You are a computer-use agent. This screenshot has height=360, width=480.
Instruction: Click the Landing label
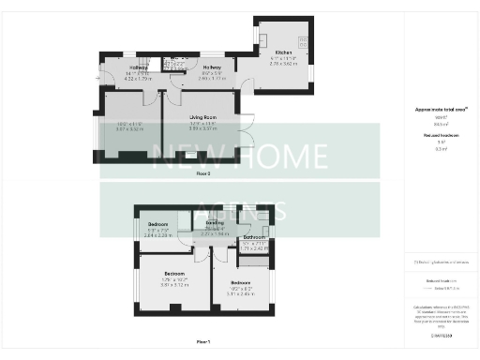point(215,223)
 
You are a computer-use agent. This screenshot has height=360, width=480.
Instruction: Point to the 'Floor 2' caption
point(203,173)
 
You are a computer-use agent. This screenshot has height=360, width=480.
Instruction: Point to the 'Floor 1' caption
point(203,342)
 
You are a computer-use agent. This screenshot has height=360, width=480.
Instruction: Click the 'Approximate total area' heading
point(440,110)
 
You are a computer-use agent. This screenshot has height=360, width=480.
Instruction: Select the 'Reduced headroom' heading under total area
point(440,137)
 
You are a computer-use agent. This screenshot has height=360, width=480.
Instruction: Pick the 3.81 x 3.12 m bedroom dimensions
point(175,284)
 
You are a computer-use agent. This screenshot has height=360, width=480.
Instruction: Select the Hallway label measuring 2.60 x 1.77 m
point(211,68)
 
